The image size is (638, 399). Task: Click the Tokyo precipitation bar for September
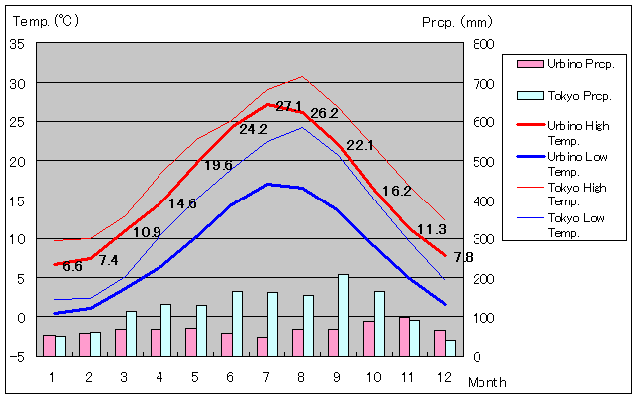(344, 315)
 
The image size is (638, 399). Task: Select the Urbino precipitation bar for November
(404, 336)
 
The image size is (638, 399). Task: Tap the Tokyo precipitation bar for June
(237, 323)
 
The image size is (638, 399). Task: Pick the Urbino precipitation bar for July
(262, 346)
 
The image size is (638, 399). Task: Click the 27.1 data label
(289, 106)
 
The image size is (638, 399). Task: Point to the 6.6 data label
(72, 266)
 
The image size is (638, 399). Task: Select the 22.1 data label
(360, 145)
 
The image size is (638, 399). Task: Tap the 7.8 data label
(463, 257)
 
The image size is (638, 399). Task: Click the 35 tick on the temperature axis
(18, 44)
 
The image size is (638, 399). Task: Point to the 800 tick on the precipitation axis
(482, 44)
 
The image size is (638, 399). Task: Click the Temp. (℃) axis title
(47, 20)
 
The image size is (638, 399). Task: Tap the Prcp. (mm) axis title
(457, 21)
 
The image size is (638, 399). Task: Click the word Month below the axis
(487, 382)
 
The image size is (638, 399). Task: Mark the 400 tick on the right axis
(482, 200)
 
